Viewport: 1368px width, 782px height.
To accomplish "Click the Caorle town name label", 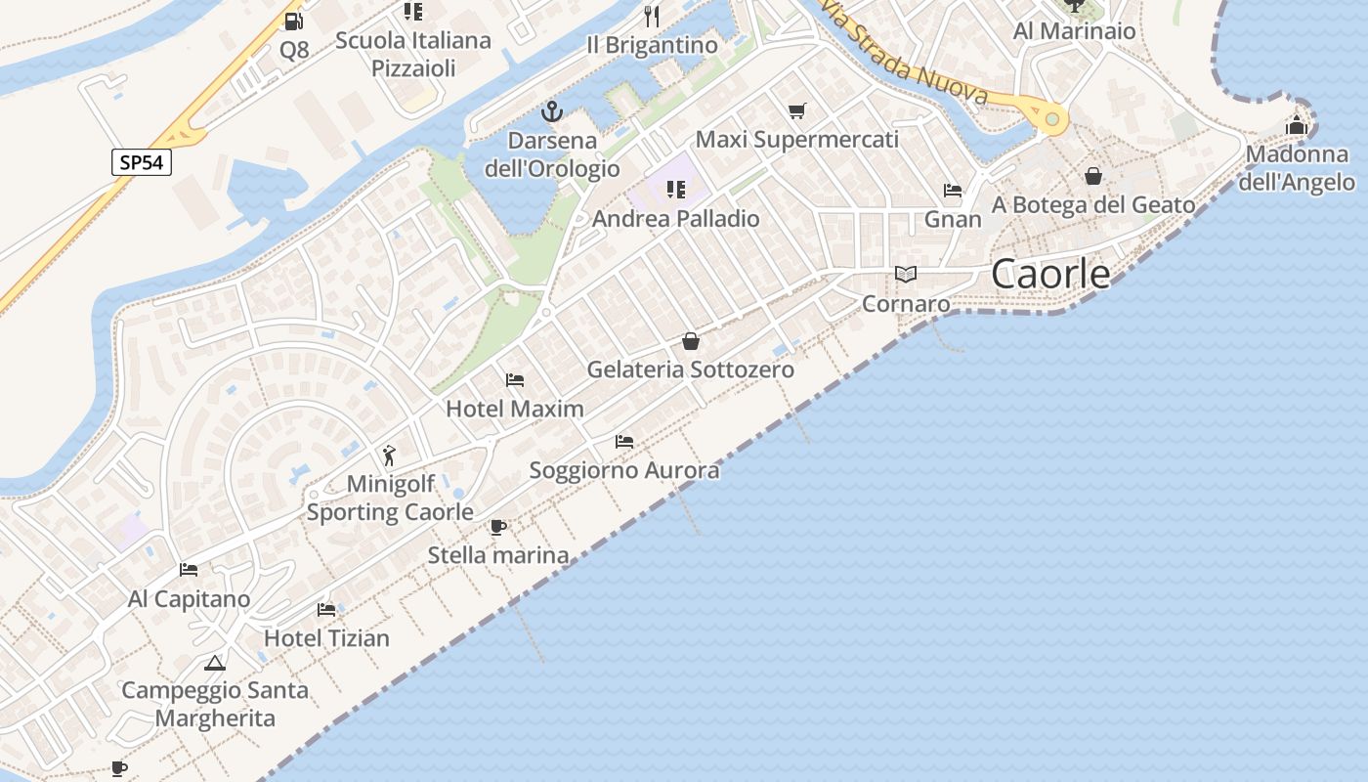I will (1050, 274).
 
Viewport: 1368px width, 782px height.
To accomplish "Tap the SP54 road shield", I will (141, 162).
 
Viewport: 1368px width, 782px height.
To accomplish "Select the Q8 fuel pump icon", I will (293, 22).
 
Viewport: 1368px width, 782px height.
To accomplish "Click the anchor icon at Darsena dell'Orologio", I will (553, 111).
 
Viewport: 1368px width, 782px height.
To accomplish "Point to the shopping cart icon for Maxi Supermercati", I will (797, 111).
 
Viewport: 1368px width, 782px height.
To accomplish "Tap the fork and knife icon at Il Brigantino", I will (652, 16).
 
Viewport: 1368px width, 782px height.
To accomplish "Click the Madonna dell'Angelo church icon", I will (1297, 125).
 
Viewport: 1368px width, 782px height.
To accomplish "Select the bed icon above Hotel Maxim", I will (515, 379).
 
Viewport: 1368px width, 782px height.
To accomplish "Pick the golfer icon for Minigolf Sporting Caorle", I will (390, 455).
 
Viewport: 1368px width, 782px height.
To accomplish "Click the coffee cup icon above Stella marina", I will (498, 528).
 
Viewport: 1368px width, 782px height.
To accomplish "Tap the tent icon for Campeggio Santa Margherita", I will (215, 664).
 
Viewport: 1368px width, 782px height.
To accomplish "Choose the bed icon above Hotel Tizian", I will (326, 610).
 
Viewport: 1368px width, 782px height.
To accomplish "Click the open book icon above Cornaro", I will (906, 275).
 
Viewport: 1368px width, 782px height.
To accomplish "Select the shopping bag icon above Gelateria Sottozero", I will (691, 341).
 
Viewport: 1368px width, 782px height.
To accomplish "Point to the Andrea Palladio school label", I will (676, 218).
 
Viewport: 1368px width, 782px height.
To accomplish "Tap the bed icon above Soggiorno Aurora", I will (624, 442).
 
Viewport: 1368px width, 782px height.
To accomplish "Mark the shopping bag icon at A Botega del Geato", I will (1093, 176).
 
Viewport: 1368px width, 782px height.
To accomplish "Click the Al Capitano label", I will (190, 599).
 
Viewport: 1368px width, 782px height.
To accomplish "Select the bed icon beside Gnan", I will (953, 191).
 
